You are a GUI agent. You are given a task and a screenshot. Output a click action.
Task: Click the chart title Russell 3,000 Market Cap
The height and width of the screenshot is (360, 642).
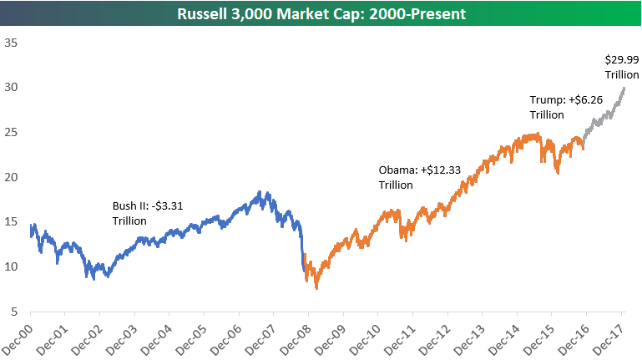click(x=321, y=13)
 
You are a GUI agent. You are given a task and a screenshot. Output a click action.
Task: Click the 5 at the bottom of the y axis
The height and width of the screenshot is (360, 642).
click(x=13, y=312)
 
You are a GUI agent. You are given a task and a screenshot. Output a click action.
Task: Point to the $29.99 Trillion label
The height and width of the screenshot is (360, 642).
click(x=622, y=67)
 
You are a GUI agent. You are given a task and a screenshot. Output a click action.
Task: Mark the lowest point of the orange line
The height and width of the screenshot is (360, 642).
click(x=316, y=288)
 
